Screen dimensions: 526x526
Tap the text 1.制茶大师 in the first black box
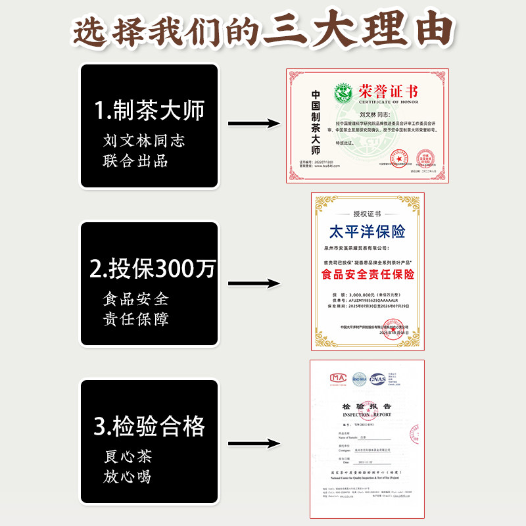point(149,110)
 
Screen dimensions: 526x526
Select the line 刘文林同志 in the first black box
point(144,141)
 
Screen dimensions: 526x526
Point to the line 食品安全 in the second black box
point(136,299)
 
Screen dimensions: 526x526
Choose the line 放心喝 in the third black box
point(128,476)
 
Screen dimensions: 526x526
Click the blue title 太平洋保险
point(367,231)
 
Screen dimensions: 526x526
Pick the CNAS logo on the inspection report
point(378,379)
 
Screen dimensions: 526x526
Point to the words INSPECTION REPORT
point(366,415)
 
